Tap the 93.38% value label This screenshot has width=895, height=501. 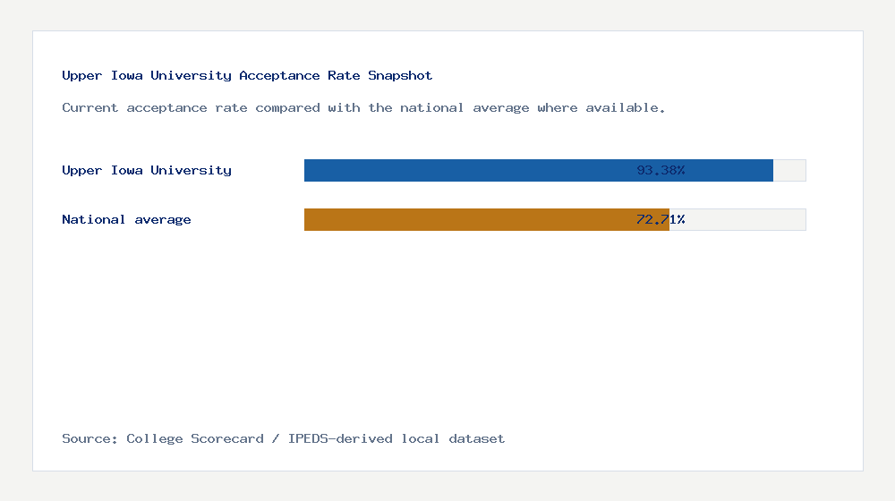661,170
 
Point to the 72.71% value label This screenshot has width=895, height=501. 661,219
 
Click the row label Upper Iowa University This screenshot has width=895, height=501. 147,170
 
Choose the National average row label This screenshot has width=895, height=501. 126,219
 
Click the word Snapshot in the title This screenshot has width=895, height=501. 400,75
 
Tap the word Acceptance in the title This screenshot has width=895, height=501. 280,75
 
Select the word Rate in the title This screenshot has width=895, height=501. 344,75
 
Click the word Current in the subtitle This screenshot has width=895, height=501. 90,107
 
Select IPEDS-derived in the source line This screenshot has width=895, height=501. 340,438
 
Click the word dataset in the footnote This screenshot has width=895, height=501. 477,438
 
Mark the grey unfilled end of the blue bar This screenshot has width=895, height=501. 789,170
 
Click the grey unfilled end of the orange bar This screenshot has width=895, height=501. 737,219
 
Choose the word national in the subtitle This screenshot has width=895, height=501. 432,107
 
